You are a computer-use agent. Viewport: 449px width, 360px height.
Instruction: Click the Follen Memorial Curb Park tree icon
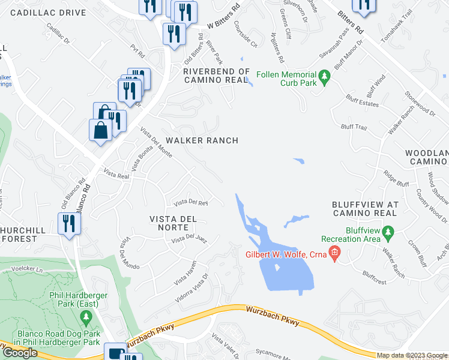click(325, 77)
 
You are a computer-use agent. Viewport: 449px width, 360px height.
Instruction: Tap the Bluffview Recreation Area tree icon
click(388, 232)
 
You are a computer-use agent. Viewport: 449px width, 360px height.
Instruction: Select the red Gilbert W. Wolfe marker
click(336, 253)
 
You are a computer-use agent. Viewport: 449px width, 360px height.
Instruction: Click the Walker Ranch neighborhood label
click(202, 140)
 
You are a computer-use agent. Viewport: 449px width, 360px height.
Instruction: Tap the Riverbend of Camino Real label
click(215, 76)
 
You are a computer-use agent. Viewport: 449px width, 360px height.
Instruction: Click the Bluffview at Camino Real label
click(364, 209)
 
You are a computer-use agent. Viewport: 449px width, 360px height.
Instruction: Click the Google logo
click(19, 353)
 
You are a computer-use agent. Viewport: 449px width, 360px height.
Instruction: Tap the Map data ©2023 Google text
click(411, 355)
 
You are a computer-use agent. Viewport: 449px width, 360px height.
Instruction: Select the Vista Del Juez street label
click(189, 240)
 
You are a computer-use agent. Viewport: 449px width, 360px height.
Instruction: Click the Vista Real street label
click(116, 173)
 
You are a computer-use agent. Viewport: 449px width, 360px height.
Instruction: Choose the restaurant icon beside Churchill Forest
click(70, 223)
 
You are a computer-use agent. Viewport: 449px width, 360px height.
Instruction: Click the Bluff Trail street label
click(353, 127)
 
